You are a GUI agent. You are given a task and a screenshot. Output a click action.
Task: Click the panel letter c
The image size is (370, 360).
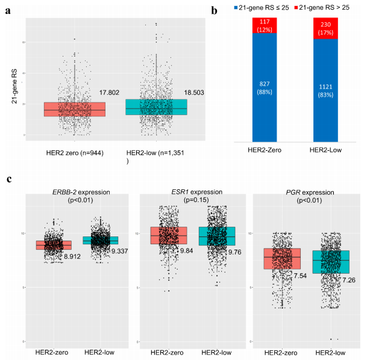[x=8, y=180]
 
